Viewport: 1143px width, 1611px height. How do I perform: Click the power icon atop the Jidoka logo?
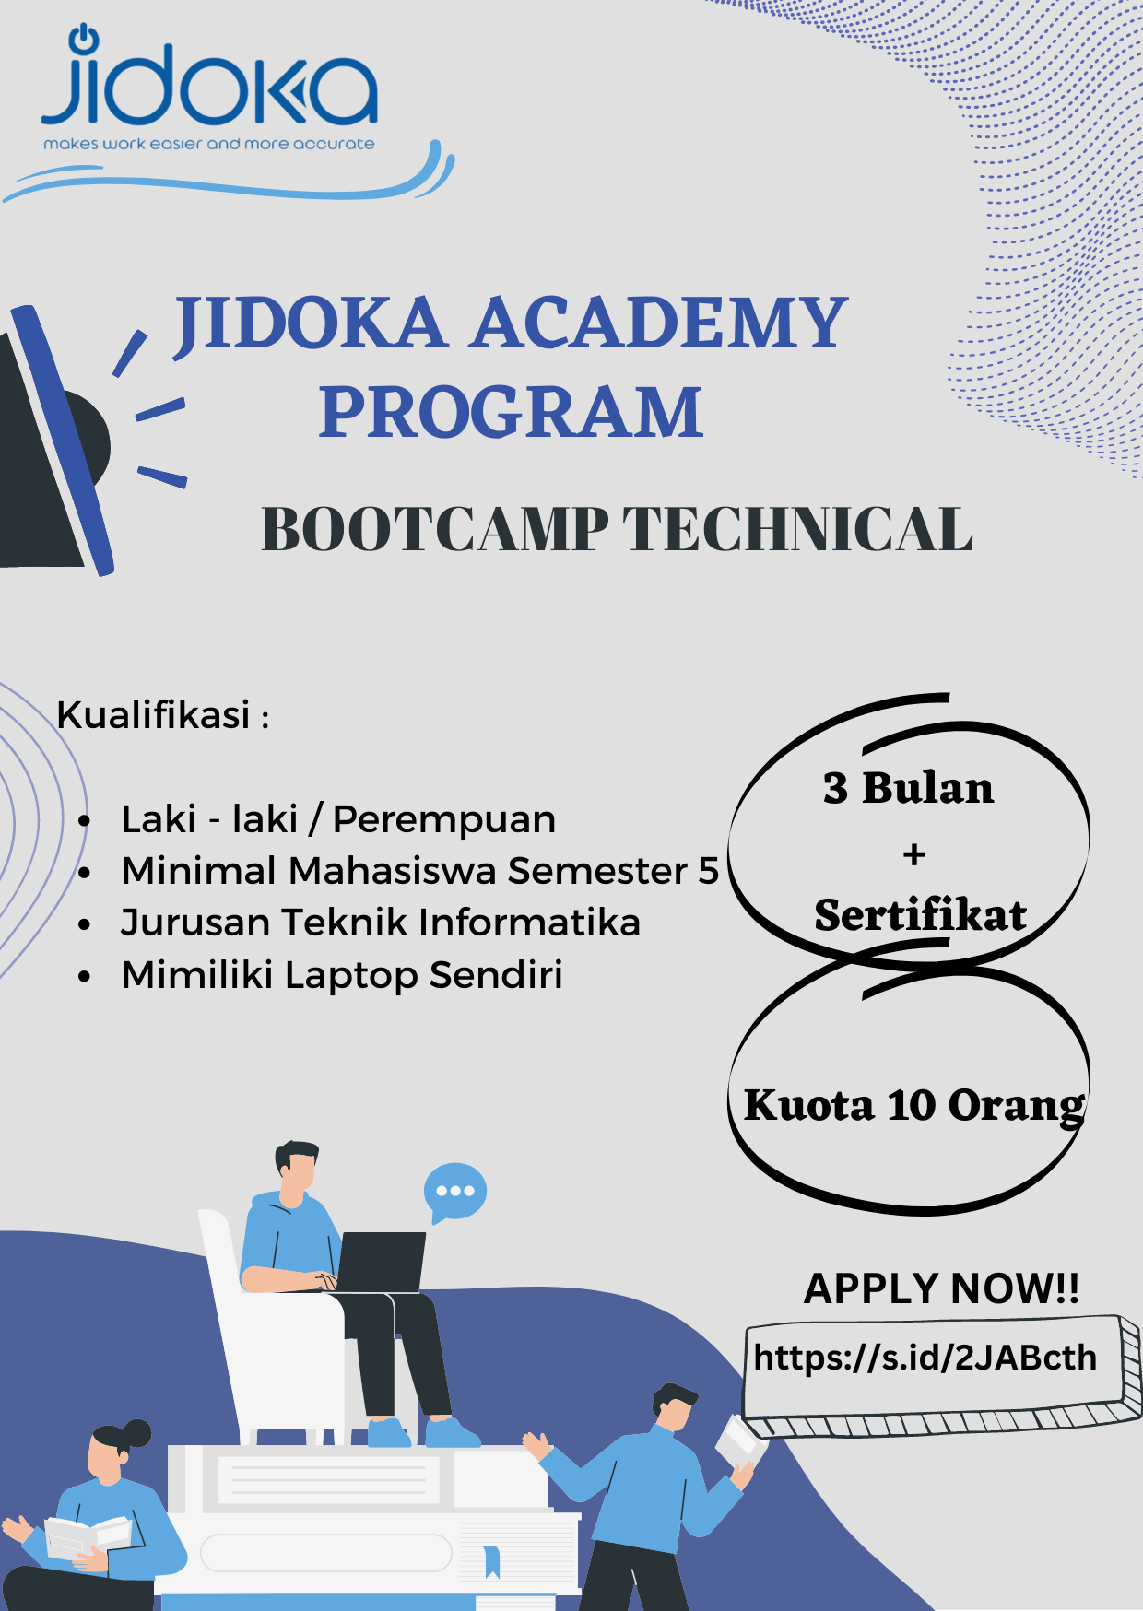click(x=84, y=38)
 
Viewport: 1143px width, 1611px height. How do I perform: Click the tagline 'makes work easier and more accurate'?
click(x=209, y=144)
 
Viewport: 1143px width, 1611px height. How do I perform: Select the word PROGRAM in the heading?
click(x=511, y=412)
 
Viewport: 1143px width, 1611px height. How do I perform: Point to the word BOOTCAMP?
click(x=435, y=530)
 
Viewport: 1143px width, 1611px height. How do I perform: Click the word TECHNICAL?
click(x=798, y=530)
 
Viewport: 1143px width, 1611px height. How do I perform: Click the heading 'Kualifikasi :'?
click(x=163, y=715)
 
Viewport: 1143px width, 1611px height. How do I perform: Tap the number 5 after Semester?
click(x=708, y=871)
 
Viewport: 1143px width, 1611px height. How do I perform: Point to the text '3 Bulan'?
click(x=909, y=788)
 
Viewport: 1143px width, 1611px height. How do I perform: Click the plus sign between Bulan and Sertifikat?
click(x=914, y=854)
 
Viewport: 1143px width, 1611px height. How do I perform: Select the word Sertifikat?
click(x=920, y=915)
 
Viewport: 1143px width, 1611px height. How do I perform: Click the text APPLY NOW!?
click(x=942, y=1288)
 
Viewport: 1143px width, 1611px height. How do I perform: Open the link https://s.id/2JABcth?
click(x=925, y=1358)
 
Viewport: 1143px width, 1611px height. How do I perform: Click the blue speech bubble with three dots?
click(x=454, y=1192)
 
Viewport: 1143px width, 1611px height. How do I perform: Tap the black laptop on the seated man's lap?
click(x=380, y=1262)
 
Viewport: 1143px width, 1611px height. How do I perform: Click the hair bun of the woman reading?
click(x=136, y=1433)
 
